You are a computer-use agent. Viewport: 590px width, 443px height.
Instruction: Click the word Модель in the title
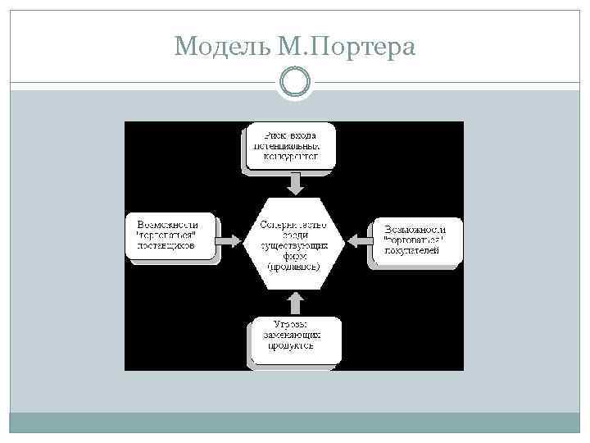pyautogui.click(x=218, y=48)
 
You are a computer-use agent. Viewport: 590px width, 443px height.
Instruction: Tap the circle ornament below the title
pyautogui.click(x=295, y=82)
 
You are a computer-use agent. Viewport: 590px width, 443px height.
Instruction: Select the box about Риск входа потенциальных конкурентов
pyautogui.click(x=293, y=145)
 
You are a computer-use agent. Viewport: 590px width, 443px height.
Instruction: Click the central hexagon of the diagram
pyautogui.click(x=295, y=244)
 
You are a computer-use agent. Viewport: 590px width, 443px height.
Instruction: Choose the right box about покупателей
pyautogui.click(x=418, y=240)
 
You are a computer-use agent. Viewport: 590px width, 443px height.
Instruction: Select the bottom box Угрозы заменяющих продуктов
pyautogui.click(x=294, y=340)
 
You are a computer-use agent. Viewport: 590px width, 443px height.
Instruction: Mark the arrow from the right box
pyautogui.click(x=357, y=240)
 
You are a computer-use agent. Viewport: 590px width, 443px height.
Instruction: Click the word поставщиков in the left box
pyautogui.click(x=167, y=245)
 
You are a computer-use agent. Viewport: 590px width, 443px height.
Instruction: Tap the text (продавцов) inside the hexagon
pyautogui.click(x=293, y=267)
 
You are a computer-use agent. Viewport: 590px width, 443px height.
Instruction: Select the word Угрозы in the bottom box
pyautogui.click(x=292, y=325)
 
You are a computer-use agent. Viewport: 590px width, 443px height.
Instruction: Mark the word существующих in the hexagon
pyautogui.click(x=294, y=244)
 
